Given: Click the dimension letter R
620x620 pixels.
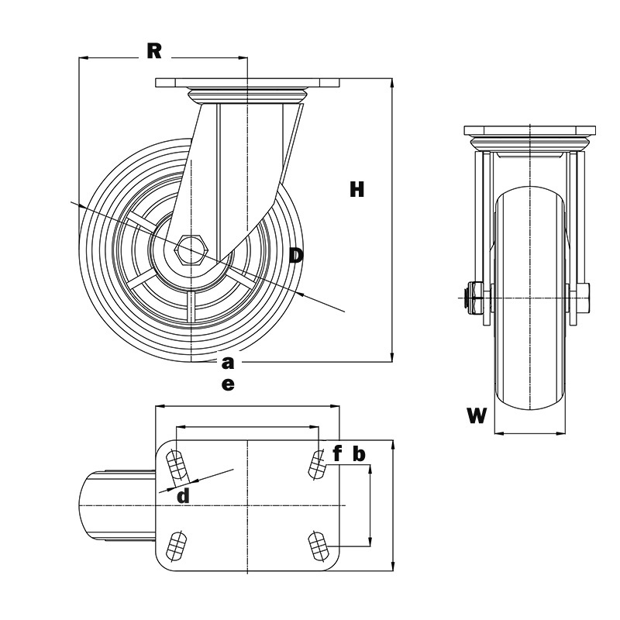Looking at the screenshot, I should (154, 50).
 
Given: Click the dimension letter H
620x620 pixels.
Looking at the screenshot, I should (356, 189).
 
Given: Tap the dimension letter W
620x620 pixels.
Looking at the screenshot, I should (477, 416).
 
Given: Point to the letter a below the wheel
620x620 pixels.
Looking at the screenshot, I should (227, 362).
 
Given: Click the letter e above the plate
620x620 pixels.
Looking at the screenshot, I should (227, 384).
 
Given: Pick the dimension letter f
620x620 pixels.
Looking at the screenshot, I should (337, 453).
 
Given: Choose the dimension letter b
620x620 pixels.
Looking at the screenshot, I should (359, 453).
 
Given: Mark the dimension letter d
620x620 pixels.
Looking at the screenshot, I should (182, 496).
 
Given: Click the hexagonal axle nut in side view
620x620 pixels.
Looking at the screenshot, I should (191, 249).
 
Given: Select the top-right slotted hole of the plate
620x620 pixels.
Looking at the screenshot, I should (316, 464).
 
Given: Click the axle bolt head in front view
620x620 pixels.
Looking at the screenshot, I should (470, 297).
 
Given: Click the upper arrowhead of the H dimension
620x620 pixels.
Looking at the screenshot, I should (392, 83).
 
